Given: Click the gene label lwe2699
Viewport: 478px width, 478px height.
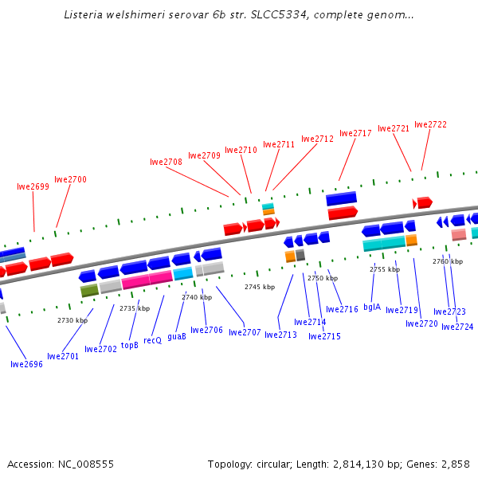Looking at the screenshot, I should point(33,186).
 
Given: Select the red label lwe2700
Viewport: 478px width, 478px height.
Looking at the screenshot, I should point(70,179).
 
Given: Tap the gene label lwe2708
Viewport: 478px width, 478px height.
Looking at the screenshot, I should point(166,162).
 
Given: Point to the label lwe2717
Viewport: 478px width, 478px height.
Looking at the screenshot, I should point(355,133).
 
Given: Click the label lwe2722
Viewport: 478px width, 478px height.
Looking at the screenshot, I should point(431,124).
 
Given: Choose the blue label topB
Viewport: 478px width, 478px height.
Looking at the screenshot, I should point(130,346).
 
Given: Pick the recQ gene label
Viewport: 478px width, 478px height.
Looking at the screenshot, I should point(152,340).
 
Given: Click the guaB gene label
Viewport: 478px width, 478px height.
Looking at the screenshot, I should point(177,336).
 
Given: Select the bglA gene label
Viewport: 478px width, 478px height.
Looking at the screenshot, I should point(372,307).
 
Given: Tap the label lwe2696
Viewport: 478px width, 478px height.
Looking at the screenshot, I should point(26,364).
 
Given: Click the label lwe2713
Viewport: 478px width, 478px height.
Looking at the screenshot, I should point(280,335).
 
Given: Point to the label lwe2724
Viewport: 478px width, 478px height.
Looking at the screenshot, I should point(457,327).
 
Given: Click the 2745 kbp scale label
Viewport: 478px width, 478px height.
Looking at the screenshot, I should point(260,287).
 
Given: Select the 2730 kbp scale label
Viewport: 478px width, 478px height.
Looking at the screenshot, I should point(72,320).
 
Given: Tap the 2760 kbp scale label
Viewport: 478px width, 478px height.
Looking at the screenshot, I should point(448,261).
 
